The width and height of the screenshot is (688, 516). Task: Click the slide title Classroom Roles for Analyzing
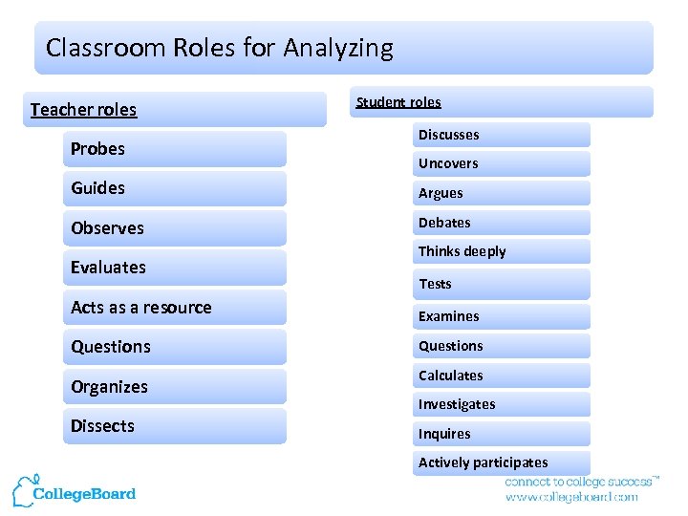[x=220, y=48]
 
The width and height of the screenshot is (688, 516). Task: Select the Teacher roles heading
[x=84, y=110]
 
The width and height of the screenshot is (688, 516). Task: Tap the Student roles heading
[x=398, y=102]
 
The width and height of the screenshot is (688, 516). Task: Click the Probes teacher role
[x=98, y=149]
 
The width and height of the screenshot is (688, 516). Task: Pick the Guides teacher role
[x=98, y=188]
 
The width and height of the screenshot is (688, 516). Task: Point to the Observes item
[x=108, y=228]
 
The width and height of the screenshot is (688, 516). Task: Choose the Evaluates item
[x=109, y=268]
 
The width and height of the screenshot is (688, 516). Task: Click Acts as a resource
[x=141, y=308]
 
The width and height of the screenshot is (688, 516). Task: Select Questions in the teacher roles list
[x=111, y=347]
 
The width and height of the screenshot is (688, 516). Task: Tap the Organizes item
[x=110, y=387]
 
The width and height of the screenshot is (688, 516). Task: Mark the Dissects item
[x=103, y=426]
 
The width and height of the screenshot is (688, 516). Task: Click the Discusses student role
[x=449, y=135]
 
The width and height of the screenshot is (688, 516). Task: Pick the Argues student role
[x=441, y=193]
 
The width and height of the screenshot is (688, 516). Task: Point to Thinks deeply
[x=462, y=251]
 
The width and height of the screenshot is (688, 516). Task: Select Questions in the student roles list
[x=451, y=346]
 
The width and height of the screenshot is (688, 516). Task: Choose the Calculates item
[x=451, y=376]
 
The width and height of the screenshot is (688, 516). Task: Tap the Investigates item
[x=457, y=404]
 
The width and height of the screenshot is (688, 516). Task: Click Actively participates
[x=484, y=462]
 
